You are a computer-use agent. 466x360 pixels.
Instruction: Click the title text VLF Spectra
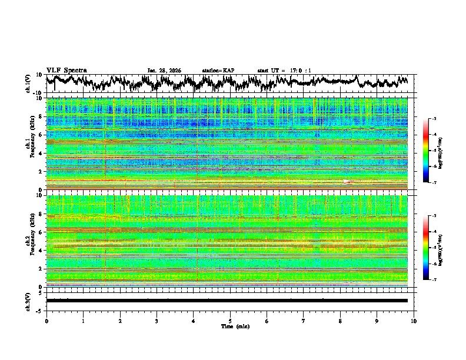click(66, 70)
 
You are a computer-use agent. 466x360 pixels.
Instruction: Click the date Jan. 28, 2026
click(164, 71)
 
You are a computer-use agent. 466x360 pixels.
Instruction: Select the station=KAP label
click(218, 71)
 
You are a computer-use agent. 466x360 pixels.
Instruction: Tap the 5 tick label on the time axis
click(230, 321)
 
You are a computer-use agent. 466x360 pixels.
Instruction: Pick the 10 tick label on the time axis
click(414, 321)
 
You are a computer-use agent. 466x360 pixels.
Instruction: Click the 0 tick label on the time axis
click(46, 321)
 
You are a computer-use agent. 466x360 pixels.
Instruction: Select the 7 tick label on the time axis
click(304, 321)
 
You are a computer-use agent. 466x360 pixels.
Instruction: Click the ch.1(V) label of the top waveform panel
click(28, 84)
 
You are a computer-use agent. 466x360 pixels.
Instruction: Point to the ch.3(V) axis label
click(28, 301)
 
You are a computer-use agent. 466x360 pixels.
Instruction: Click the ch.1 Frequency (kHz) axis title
click(29, 144)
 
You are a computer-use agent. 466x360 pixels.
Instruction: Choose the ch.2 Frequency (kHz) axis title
click(29, 241)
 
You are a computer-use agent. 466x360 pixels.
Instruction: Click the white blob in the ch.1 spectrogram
click(346, 182)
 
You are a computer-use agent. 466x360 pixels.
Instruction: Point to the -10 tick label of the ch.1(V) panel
click(38, 93)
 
